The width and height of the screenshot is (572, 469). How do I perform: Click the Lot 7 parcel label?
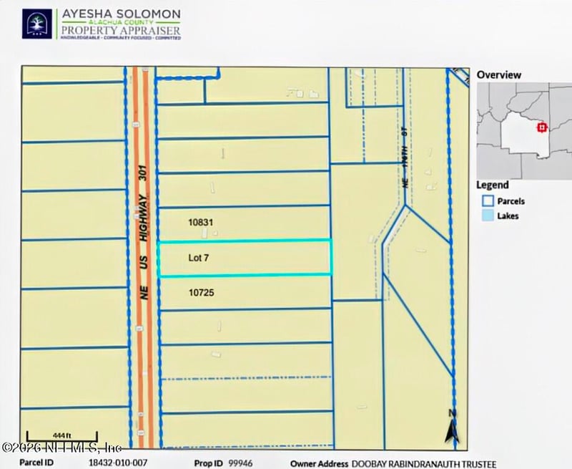[198, 258]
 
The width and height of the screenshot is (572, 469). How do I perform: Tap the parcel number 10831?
[201, 223]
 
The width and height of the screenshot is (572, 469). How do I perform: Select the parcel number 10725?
[202, 293]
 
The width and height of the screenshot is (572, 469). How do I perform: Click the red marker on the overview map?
[542, 127]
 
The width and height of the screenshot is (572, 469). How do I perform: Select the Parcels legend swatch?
[488, 201]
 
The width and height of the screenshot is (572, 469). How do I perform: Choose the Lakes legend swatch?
[488, 216]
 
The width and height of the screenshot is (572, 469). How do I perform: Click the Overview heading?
[499, 74]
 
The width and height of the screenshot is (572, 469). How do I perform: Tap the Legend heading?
[493, 185]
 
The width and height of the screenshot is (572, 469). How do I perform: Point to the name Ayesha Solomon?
[120, 14]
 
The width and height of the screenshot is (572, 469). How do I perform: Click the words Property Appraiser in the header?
[120, 32]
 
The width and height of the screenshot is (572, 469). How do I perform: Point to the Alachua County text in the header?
[120, 22]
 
